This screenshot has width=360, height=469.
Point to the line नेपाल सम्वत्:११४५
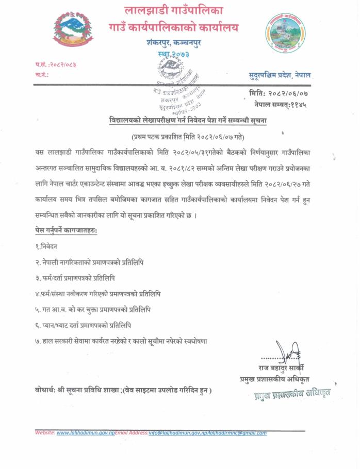tap(286, 104)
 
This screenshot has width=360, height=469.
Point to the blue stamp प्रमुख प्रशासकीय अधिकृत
tap(291, 395)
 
